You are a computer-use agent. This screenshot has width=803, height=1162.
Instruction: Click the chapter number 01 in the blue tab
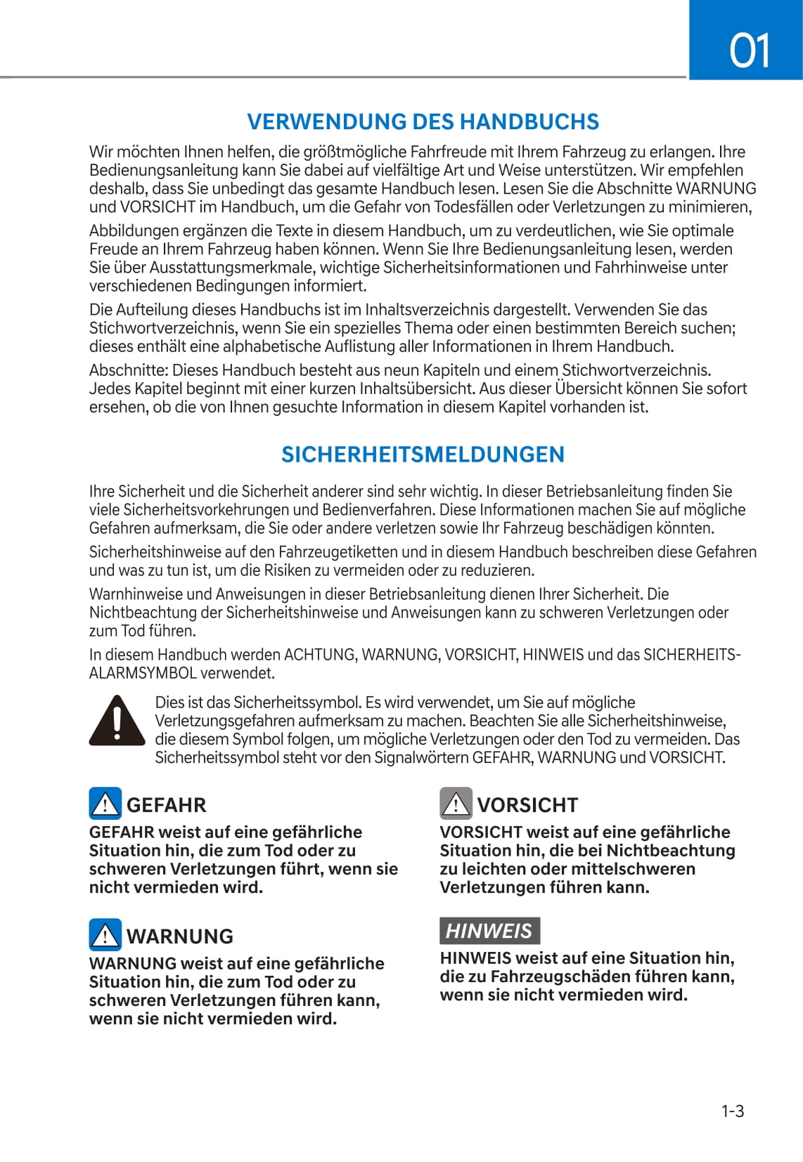(x=749, y=51)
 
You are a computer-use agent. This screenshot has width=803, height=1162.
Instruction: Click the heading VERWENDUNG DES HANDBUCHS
(x=423, y=122)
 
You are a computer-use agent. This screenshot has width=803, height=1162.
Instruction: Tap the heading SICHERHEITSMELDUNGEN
(x=423, y=455)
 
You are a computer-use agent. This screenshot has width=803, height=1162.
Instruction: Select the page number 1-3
(x=732, y=1111)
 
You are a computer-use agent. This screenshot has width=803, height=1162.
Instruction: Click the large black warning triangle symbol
(x=117, y=721)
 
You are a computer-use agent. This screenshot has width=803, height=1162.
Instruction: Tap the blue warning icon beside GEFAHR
(x=105, y=804)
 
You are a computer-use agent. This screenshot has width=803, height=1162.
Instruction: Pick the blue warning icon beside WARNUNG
(x=105, y=935)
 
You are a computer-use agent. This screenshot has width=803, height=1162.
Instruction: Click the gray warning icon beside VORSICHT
(x=456, y=804)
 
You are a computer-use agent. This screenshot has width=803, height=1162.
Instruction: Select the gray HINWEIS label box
(x=489, y=931)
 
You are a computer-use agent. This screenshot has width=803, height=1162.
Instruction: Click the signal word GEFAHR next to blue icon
(x=167, y=805)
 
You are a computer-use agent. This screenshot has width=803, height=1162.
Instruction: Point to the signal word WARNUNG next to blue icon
(x=180, y=936)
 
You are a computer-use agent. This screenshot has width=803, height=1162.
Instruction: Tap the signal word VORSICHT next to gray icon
(x=527, y=805)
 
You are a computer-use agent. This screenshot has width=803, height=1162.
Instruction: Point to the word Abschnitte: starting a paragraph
(x=128, y=370)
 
